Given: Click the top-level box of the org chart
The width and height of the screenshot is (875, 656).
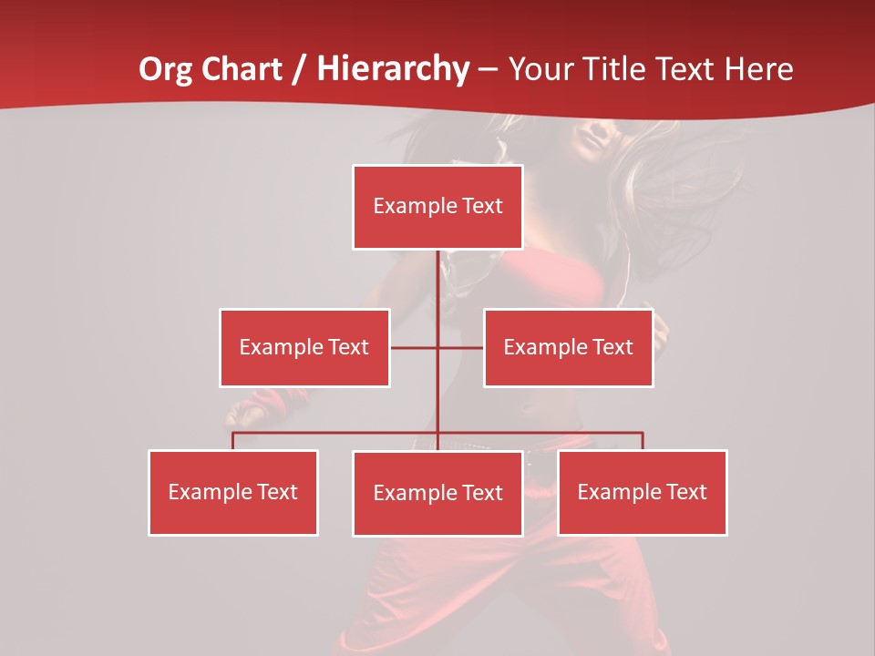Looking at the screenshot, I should tap(437, 207).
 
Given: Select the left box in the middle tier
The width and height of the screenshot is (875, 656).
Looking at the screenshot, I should tap(304, 347).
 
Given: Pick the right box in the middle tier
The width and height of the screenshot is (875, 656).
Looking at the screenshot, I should tap(568, 347).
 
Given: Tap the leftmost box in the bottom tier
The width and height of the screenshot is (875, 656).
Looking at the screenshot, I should tap(233, 492).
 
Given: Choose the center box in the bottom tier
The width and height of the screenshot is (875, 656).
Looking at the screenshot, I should tap(437, 493).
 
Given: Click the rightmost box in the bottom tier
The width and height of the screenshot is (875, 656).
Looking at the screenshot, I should tap(643, 492).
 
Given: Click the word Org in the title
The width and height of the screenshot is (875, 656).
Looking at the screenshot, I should tap(163, 69).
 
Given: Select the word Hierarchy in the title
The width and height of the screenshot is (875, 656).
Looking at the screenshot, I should tap(393, 69).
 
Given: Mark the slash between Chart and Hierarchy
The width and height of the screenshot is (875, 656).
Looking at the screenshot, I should tap(299, 70).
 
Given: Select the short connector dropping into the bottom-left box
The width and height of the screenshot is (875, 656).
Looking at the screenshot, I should tap(233, 441).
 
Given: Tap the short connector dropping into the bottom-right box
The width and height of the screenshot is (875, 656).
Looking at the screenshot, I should tap(643, 441).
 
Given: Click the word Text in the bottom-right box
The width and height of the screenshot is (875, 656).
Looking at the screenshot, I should tap(686, 492).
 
